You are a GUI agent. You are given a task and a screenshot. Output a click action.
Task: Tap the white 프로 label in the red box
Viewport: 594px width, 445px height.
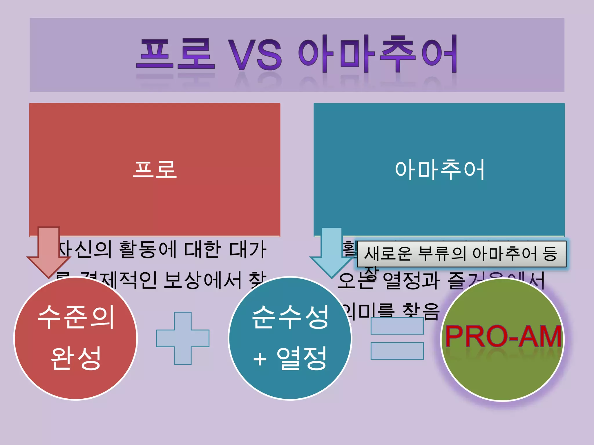(x=155, y=169)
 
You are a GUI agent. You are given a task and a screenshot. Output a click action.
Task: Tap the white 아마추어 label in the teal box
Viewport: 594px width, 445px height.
(x=439, y=169)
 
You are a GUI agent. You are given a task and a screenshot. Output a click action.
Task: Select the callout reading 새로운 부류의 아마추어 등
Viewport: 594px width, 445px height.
(x=461, y=254)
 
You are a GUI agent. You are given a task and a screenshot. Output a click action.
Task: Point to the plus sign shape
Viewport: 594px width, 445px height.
(x=183, y=338)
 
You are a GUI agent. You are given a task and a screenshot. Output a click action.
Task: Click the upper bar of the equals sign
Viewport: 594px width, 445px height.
(x=397, y=326)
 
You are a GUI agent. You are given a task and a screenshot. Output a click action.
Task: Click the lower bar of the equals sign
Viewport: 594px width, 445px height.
(x=397, y=351)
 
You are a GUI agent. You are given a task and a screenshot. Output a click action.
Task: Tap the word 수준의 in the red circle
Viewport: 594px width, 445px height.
(x=76, y=317)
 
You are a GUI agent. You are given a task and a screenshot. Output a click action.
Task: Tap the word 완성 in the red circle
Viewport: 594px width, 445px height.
(x=76, y=358)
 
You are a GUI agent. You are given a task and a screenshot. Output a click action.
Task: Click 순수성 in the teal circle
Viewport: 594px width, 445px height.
(x=290, y=317)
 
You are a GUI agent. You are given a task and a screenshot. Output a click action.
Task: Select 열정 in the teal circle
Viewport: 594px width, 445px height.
(x=302, y=358)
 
